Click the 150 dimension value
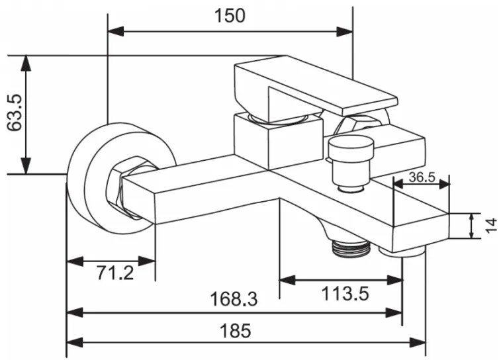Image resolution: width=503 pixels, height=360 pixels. pos(230,16)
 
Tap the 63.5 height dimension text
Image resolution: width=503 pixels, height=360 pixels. pos(15,112)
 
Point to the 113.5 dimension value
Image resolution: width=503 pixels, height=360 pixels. pos(345,293)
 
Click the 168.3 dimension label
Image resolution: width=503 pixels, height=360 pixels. pos(234,298)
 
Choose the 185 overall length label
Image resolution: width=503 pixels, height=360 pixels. pos(235,330)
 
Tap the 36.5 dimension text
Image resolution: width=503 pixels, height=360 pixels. pos(422,177)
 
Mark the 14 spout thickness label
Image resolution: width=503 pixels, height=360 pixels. pos(491,226)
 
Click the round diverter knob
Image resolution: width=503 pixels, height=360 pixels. pos(351,163)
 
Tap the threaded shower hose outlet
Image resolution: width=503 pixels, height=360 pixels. pos(352,247)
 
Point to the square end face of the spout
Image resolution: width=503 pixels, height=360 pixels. pos(421,231)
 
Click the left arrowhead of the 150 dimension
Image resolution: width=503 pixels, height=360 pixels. pos(116,32)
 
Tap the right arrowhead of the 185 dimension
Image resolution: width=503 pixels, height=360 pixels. pos(417,342)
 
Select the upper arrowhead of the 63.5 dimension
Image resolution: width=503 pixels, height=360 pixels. pos(26,64)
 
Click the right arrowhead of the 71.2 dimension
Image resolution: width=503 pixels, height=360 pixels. pos(147,261)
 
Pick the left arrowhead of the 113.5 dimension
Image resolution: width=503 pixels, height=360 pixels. pos(288,280)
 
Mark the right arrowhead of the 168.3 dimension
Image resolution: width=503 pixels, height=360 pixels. pos(394,312)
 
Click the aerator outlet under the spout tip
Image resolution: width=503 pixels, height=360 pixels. pos(402,251)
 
